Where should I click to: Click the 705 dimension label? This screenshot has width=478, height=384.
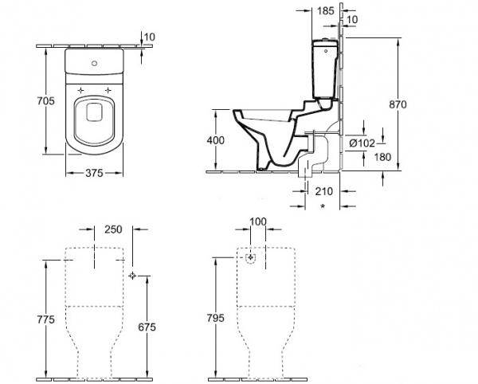point(45,100)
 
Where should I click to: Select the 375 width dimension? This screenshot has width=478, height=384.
point(94,173)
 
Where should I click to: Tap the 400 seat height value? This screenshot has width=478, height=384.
point(216,140)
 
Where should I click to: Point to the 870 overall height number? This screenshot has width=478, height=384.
point(398,104)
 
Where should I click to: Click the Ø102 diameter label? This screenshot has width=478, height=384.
point(362,143)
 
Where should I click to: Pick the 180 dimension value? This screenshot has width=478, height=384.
point(382,157)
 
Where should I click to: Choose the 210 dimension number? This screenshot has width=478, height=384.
point(323,191)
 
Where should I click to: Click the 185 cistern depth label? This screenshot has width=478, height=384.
point(326,11)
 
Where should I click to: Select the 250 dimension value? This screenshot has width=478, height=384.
point(113,229)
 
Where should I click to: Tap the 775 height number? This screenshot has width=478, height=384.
point(45,319)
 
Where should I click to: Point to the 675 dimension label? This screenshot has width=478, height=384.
point(147,327)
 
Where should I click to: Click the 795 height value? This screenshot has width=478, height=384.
point(216,318)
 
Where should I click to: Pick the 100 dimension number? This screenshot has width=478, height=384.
point(258,221)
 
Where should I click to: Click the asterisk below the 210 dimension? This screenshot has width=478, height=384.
point(323,206)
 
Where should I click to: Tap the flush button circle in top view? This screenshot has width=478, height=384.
point(95,64)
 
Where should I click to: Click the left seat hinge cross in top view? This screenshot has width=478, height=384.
point(80,90)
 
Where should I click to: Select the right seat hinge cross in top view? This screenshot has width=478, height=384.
point(108,90)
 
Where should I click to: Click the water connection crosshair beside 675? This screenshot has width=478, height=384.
point(132,276)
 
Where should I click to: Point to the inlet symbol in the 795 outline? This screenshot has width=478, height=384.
point(251,258)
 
